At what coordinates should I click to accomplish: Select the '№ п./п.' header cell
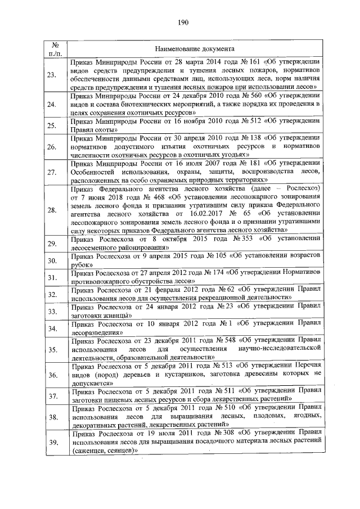coord(55,48)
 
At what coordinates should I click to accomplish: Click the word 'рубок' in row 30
coord(82,268)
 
